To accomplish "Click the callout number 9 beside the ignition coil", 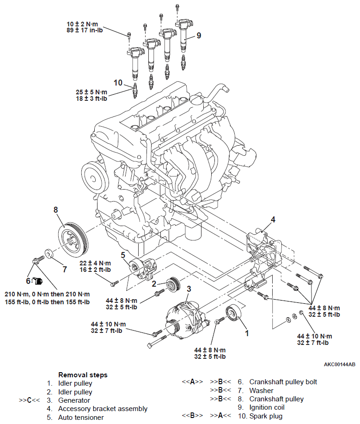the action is point(199,36).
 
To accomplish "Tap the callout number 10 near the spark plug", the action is point(118,82).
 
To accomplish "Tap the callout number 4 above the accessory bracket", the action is point(273,220).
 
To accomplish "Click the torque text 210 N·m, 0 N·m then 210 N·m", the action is point(47,294).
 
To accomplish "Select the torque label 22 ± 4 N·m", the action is point(95,263).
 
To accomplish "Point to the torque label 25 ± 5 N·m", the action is point(92,92).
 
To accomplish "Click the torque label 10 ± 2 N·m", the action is point(82,24).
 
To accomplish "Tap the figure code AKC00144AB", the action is point(340,364).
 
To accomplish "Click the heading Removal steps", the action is point(83,375).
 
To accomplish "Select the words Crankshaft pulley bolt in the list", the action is point(283,382).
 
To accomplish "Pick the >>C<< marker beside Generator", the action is point(30,400).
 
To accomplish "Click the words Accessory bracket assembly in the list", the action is point(103,409).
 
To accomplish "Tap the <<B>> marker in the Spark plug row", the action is point(192,415).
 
